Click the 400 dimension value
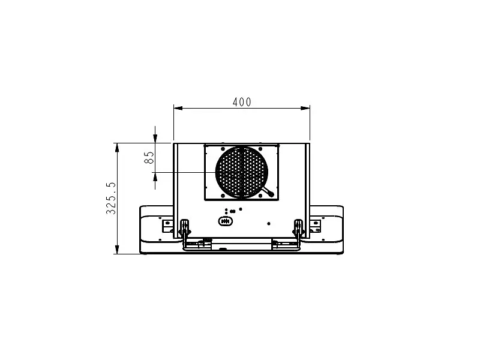coord(242,102)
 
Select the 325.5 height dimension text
coord(111,198)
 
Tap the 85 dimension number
coord(149,157)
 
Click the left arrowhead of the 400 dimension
coord(178,108)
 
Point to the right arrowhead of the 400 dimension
coord(305,108)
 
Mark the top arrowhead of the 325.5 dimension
coord(117,148)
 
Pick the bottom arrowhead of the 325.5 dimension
coord(117,249)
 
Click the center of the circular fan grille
coord(242,172)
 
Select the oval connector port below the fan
coord(226,221)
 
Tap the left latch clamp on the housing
coord(185,227)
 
